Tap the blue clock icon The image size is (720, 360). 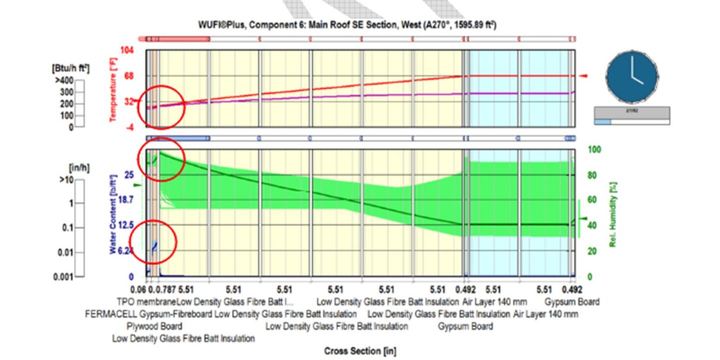click(x=631, y=76)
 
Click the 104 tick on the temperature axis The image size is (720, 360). click(x=128, y=50)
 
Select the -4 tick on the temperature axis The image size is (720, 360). click(x=130, y=127)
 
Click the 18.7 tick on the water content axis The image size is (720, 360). click(x=125, y=199)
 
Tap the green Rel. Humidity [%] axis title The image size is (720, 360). click(x=612, y=213)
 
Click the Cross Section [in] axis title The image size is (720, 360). click(x=359, y=351)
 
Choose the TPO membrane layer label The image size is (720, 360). click(x=146, y=301)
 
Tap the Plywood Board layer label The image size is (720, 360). click(x=154, y=326)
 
